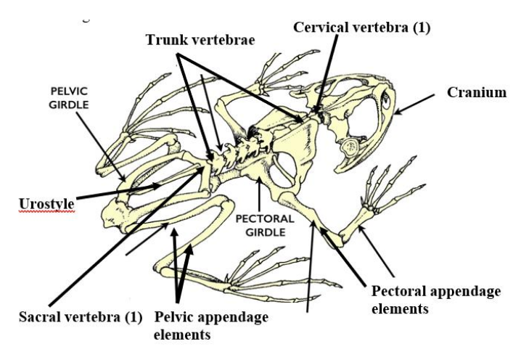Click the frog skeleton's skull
pyautogui.click(x=363, y=120)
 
